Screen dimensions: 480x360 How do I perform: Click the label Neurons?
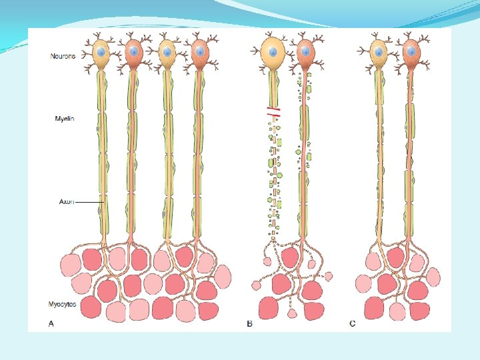[63, 56]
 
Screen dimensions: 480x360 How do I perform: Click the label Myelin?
[64, 119]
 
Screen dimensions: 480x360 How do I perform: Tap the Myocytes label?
[62, 304]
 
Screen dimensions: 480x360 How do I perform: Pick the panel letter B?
[249, 324]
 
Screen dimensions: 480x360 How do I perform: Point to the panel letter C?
[353, 324]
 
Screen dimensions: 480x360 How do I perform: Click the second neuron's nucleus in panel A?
[134, 51]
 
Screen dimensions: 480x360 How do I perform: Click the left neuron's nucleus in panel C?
[380, 51]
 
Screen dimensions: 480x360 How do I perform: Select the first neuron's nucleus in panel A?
[101, 51]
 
